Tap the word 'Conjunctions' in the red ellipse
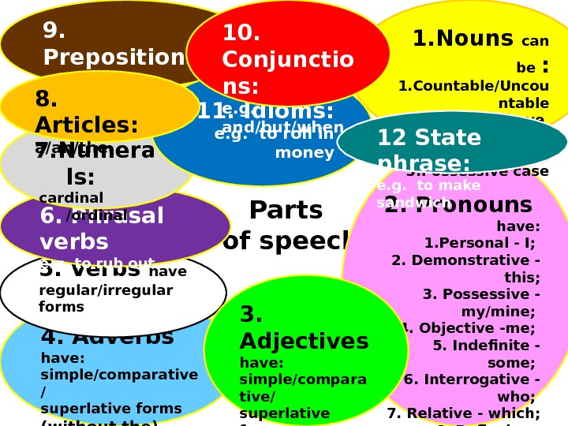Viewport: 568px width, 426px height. click(x=288, y=60)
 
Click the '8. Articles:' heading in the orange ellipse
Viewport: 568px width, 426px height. click(x=87, y=113)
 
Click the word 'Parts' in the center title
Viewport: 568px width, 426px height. click(x=286, y=211)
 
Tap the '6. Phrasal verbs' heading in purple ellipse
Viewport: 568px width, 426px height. click(x=102, y=227)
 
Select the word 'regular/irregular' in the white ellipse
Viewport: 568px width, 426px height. click(x=106, y=290)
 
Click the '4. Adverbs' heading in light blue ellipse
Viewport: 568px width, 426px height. click(x=107, y=337)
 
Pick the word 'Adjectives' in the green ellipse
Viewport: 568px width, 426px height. click(x=304, y=342)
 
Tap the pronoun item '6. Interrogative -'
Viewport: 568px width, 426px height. click(x=472, y=379)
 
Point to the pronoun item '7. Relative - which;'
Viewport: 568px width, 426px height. click(x=463, y=413)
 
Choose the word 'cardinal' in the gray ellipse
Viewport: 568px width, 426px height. click(x=71, y=197)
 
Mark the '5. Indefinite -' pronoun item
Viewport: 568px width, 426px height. click(x=486, y=346)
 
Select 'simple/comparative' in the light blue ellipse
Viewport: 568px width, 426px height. click(x=119, y=375)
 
